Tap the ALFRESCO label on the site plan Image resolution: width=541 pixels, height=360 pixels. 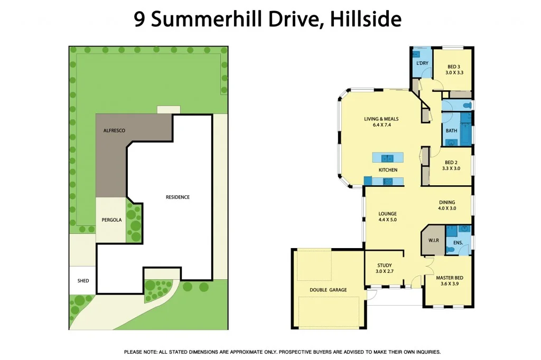point(114,130)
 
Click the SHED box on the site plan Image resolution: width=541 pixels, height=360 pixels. point(83,280)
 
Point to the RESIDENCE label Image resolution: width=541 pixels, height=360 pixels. point(178,197)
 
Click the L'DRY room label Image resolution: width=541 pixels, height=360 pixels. point(422,63)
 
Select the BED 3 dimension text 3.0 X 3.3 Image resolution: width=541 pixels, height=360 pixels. point(454,73)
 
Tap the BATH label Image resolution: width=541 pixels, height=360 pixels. point(451,131)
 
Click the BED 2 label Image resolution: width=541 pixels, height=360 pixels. point(451,163)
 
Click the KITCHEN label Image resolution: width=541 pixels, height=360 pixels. point(387,170)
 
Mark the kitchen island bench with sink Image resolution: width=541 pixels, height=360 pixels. point(388,157)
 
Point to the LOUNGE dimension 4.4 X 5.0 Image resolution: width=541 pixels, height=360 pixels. point(387,219)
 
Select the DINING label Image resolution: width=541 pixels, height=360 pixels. point(446,202)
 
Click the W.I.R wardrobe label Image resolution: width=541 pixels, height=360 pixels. point(433,240)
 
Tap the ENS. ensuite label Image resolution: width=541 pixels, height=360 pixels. point(458,243)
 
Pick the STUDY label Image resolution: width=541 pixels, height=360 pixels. point(384,266)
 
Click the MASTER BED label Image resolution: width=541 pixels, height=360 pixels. point(450,277)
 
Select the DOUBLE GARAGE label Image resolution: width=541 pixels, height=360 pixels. point(328,290)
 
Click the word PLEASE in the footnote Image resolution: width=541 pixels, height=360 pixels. point(135,352)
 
